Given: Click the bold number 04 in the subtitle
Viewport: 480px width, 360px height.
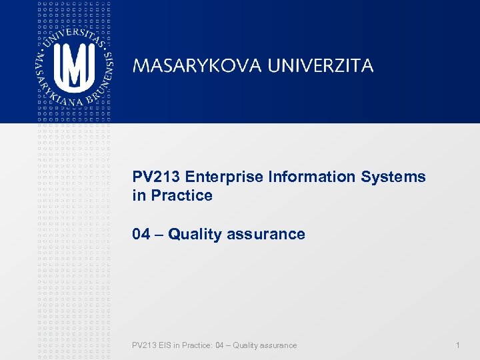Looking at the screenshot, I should pos(141,235).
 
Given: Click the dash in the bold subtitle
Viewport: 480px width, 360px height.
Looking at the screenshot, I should pos(159,235).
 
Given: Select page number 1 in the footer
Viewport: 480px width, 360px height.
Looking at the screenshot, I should pos(457,345).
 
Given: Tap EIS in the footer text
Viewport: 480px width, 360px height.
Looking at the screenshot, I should pos(164,345).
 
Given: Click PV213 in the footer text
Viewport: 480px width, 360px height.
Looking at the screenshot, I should pos(143,345).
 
